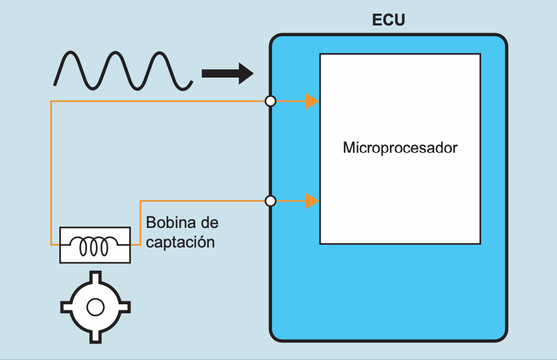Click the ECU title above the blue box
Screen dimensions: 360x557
[388, 20]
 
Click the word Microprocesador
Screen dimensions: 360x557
[400, 147]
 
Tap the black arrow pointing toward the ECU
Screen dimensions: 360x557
[228, 73]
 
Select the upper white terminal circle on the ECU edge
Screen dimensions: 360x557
[270, 101]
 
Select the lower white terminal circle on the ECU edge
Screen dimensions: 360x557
[270, 201]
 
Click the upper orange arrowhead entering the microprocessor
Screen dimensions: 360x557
[312, 101]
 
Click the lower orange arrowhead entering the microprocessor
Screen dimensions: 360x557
[312, 201]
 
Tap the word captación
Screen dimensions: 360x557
[180, 242]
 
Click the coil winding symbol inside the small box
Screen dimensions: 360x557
[95, 245]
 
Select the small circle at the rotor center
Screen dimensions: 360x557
[95, 307]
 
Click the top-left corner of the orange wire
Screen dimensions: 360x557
[52, 102]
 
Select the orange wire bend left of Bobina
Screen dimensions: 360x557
[140, 202]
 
